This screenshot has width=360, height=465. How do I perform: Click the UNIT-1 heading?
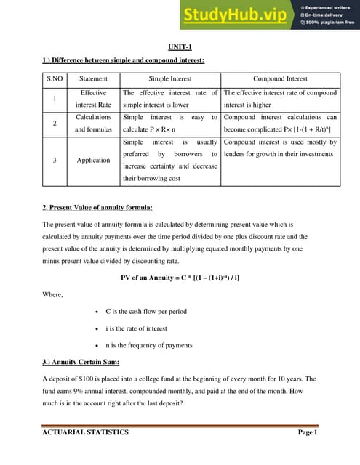pyautogui.click(x=179, y=46)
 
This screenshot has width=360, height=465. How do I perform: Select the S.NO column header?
pyautogui.click(x=55, y=78)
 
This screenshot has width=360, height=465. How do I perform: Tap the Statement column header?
pyautogui.click(x=93, y=78)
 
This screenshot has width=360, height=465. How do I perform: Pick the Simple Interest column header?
pyautogui.click(x=169, y=78)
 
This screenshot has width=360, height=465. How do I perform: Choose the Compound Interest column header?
pyautogui.click(x=280, y=78)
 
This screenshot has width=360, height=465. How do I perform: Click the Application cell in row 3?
pyautogui.click(x=93, y=160)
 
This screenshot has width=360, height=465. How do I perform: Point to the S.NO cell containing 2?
pyautogui.click(x=55, y=123)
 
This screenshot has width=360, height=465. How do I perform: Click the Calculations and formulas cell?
pyautogui.click(x=93, y=123)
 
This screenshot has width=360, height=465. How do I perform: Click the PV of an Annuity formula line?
pyautogui.click(x=180, y=278)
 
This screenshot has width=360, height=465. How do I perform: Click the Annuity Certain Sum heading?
pyautogui.click(x=81, y=362)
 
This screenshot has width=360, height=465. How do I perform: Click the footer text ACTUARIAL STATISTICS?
pyautogui.click(x=85, y=432)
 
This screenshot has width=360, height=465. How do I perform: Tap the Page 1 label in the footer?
pyautogui.click(x=308, y=432)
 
